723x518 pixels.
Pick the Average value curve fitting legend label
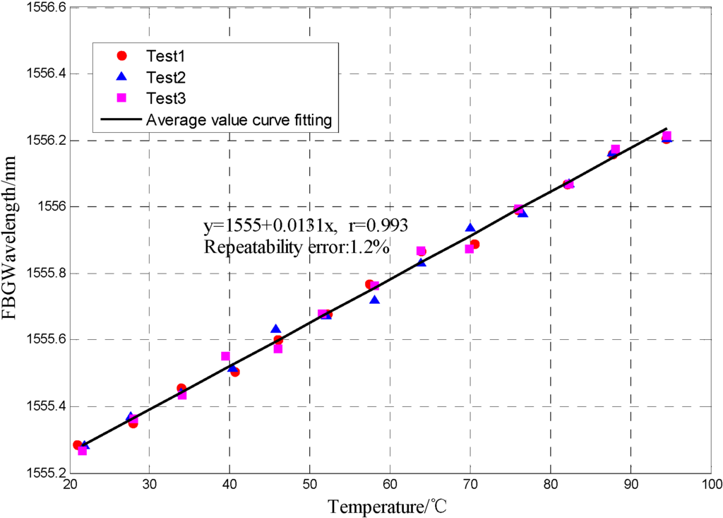point(239,119)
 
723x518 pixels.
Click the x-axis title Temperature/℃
point(387,506)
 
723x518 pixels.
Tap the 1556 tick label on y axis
point(49,207)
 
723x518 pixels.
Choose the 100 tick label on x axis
point(710,485)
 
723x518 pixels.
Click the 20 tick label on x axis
point(69,485)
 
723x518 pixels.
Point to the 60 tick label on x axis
point(390,485)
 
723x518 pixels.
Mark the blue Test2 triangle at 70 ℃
point(470,228)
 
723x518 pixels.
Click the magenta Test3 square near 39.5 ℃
point(225,356)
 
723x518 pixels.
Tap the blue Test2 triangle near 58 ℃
point(375,300)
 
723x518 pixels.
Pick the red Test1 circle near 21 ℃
point(78,445)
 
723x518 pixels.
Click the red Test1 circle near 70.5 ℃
point(474,245)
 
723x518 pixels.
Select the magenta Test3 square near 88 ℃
point(615,149)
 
